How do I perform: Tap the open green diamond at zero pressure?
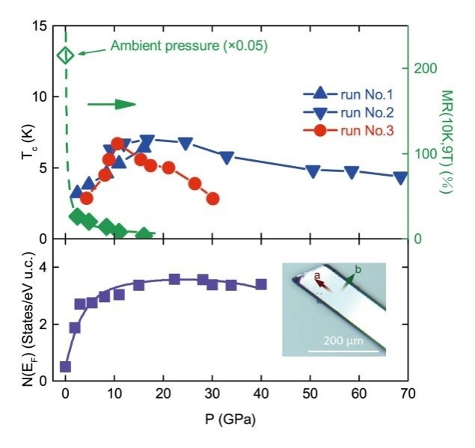coord(65,55)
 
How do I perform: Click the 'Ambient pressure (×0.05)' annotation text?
coord(189,46)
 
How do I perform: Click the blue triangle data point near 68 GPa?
coord(400,178)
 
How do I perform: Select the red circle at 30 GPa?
coord(212,199)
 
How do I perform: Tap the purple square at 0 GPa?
coord(65,366)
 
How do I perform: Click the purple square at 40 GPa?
coord(261,284)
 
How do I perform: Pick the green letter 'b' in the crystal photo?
coord(358,269)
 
